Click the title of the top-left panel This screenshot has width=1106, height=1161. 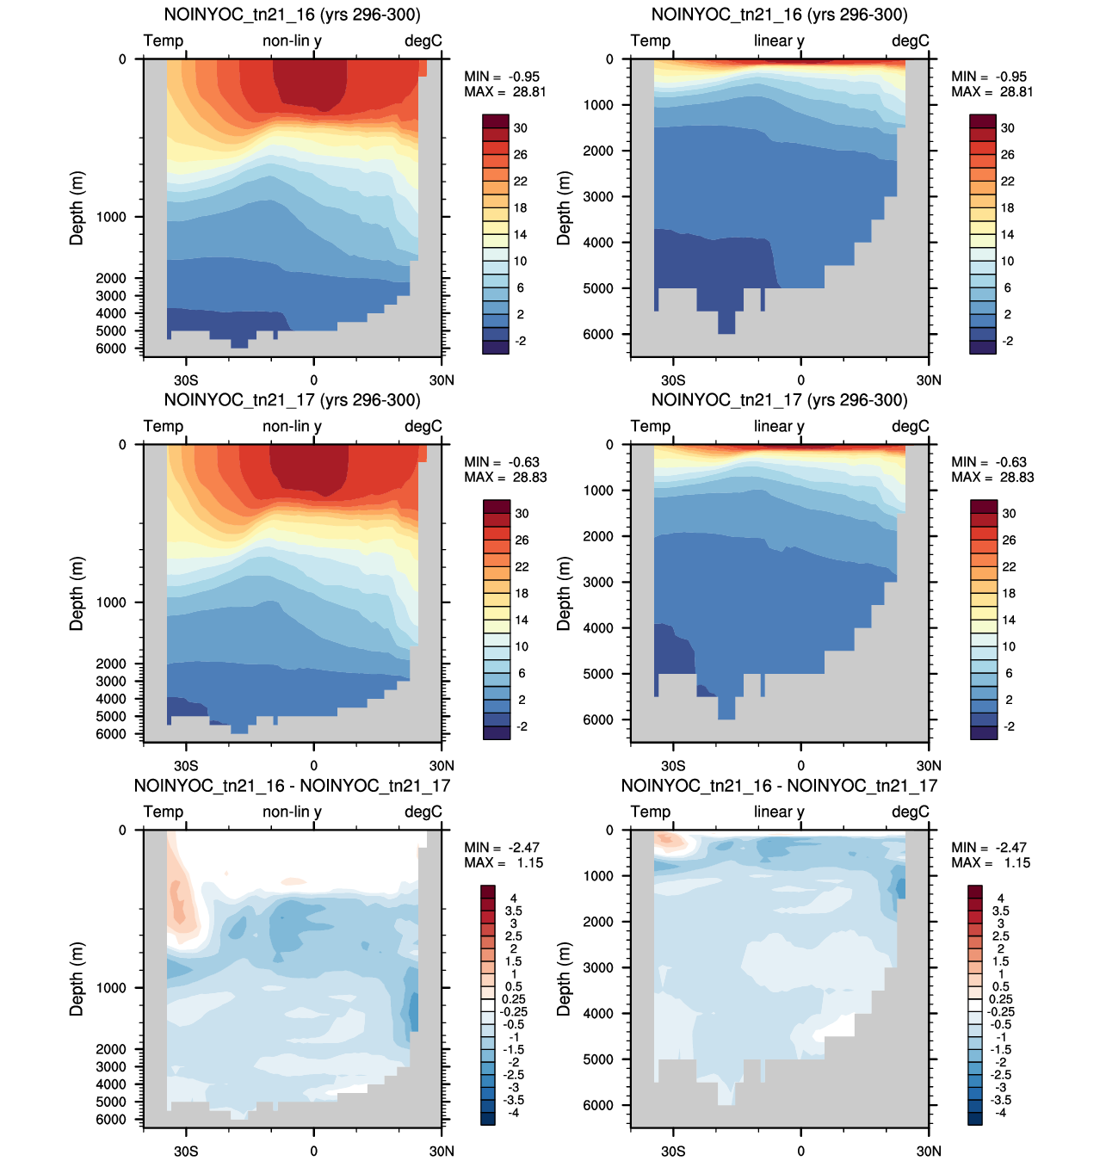click(292, 14)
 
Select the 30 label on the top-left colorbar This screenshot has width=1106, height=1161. click(521, 128)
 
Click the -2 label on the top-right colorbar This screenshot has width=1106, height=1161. click(1006, 342)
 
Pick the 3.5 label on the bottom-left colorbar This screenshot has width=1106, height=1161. click(513, 911)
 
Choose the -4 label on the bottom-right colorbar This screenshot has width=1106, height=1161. click(1000, 1113)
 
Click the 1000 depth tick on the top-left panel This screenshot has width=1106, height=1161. click(111, 217)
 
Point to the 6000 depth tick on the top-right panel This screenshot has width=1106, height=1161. click(598, 334)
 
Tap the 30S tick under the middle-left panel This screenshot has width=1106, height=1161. click(186, 766)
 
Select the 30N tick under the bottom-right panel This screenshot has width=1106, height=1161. click(929, 1151)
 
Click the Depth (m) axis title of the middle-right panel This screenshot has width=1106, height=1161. click(564, 594)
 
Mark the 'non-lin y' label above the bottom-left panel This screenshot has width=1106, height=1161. click(292, 812)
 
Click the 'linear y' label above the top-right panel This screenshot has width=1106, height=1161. click(779, 40)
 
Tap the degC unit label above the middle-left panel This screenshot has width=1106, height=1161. click(423, 426)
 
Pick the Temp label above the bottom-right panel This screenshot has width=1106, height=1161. click(650, 812)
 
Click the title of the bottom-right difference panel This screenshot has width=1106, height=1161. click(779, 786)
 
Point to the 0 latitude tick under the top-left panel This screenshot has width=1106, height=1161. click(313, 380)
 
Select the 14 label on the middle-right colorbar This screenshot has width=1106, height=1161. click(1009, 620)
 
